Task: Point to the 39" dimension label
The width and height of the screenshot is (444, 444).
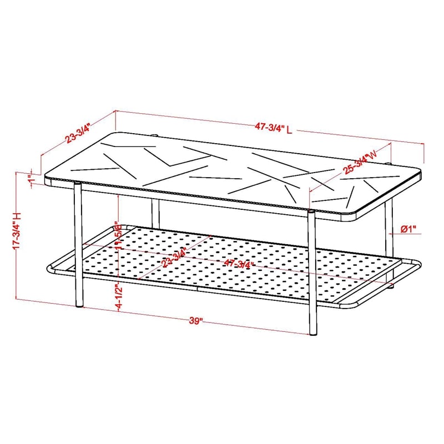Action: [194, 320]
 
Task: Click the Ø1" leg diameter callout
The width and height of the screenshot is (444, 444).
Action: [409, 229]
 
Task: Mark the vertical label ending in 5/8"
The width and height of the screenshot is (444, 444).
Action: [118, 238]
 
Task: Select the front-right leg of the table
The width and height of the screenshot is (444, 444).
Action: [312, 272]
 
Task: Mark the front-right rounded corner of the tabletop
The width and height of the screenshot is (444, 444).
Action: [355, 218]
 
